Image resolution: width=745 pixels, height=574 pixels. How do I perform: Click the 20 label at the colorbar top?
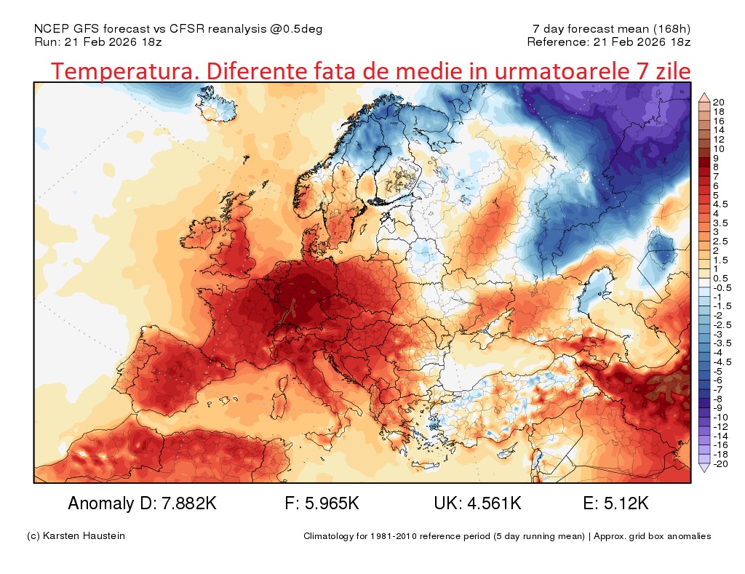point(717,102)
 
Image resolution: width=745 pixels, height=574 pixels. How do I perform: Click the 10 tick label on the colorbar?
point(717,148)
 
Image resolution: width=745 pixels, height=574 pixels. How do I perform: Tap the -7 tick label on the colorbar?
point(717,389)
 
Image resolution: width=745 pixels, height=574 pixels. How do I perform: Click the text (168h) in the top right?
point(672,29)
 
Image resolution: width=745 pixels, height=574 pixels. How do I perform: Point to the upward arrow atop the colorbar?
point(704,97)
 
